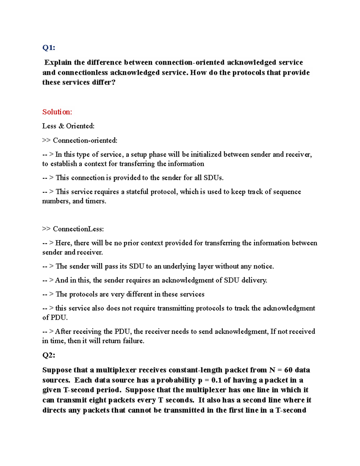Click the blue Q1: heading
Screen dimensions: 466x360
click(49, 48)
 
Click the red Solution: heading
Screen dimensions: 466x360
click(57, 112)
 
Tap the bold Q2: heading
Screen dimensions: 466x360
click(49, 355)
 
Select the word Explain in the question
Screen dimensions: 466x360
click(58, 62)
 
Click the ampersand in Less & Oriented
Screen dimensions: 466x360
click(61, 126)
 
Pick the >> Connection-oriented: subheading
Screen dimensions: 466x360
click(80, 140)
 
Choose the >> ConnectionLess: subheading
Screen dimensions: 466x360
click(73, 229)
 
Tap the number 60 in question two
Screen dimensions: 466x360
click(288, 370)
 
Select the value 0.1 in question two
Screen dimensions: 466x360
click(216, 380)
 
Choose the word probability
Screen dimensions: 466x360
click(176, 380)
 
